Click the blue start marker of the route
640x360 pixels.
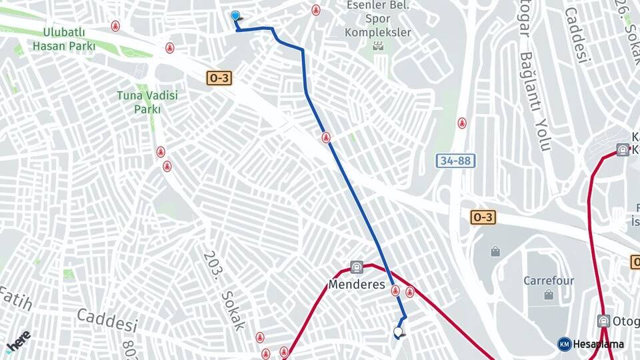point(235,16)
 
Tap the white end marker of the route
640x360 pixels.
point(399,331)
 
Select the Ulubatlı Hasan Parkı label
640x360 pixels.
point(64,39)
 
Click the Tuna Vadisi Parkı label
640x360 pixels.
point(147,102)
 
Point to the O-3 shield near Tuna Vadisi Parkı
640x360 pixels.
point(219,78)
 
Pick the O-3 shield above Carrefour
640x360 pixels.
point(483,217)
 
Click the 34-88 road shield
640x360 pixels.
point(456,161)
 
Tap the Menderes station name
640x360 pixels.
point(357,285)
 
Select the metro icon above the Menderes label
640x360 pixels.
point(357,267)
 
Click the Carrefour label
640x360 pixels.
point(549,281)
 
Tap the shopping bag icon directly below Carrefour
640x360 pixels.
point(549,295)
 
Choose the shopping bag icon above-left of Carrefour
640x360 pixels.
point(495,251)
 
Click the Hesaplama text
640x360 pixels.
point(598,344)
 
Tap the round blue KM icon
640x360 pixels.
point(564,344)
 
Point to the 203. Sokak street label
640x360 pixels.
point(223,291)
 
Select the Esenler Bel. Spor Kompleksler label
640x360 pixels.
point(378,18)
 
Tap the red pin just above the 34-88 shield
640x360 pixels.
point(461,123)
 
